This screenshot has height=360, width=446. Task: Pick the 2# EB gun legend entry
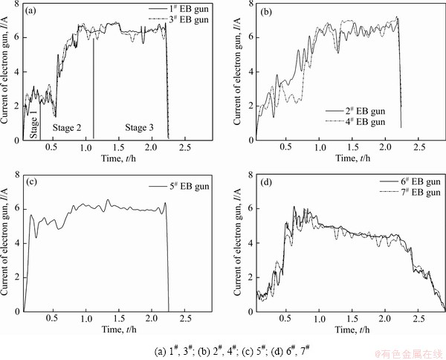(356, 111)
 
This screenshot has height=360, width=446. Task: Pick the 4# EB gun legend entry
(356, 121)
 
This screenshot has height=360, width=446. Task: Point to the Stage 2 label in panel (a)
(67, 128)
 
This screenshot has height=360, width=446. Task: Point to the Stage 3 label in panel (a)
(138, 128)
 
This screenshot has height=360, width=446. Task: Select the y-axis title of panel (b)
(236, 73)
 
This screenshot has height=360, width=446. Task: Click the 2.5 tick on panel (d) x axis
(415, 319)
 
